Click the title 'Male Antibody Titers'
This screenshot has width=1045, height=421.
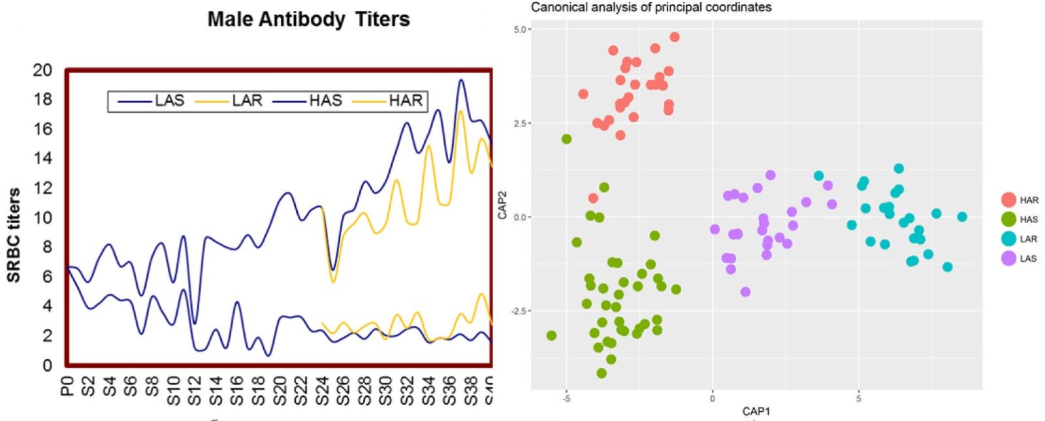308,20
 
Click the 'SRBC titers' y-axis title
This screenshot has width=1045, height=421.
14,235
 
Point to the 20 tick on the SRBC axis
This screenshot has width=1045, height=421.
42,70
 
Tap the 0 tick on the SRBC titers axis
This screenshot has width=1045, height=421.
47,366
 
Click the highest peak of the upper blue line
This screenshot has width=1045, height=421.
461,80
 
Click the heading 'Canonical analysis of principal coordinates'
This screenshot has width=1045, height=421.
651,8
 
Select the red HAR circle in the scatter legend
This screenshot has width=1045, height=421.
1008,200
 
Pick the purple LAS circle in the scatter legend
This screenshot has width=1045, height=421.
1008,258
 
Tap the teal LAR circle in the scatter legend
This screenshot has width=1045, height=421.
1008,239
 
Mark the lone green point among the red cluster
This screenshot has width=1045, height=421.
566,139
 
